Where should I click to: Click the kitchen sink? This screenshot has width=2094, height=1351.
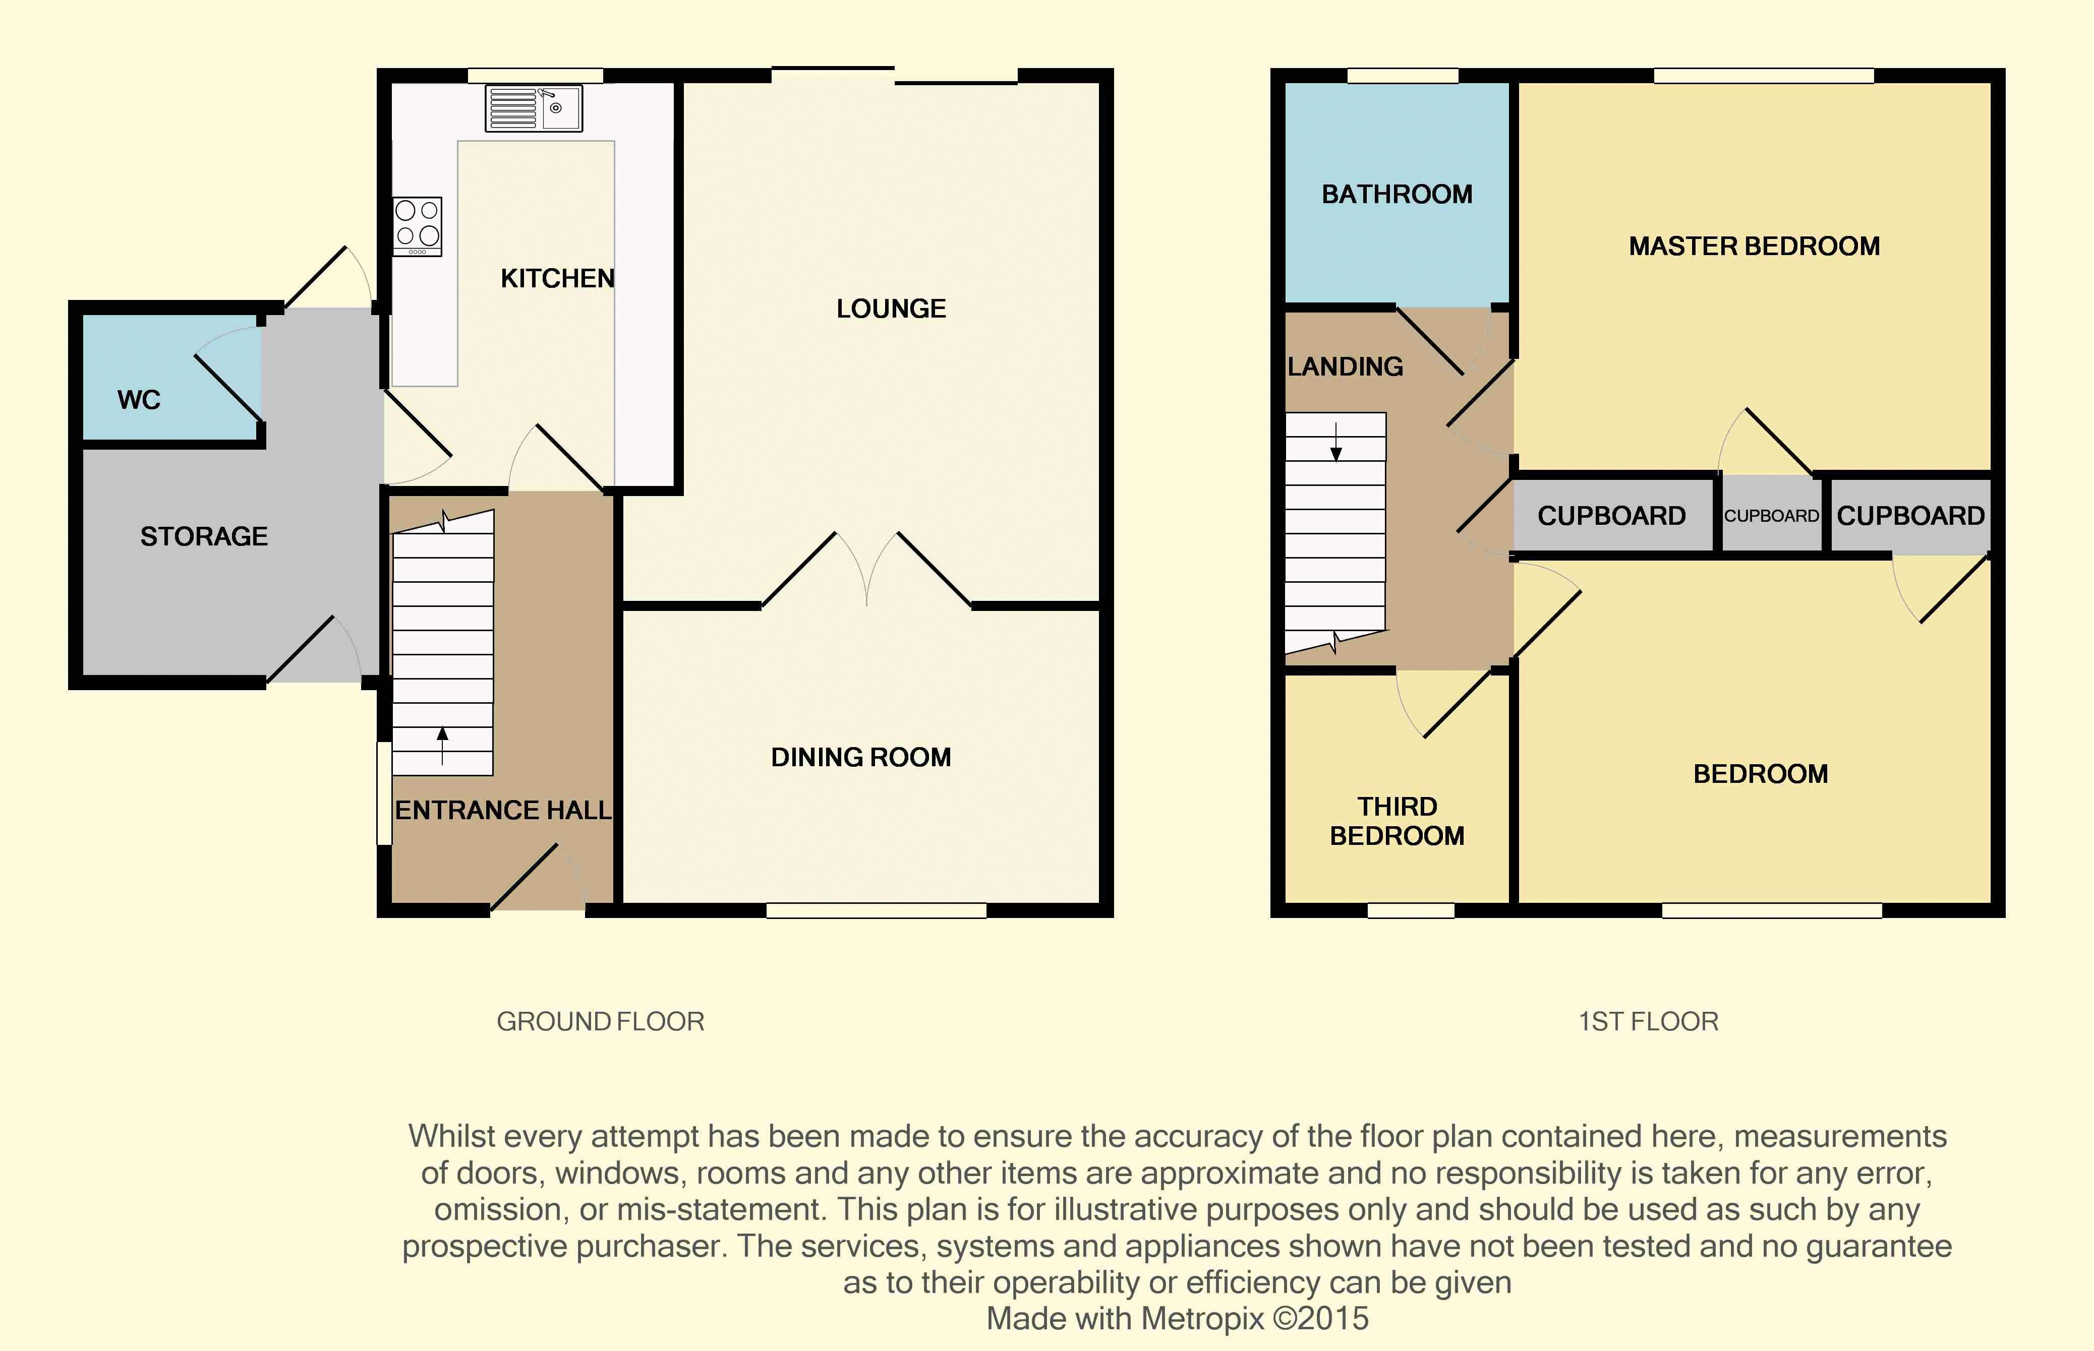point(534,108)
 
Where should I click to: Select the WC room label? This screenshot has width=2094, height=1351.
point(139,400)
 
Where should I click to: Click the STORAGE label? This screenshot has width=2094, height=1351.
point(204,536)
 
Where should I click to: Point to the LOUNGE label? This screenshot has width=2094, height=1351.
point(891,309)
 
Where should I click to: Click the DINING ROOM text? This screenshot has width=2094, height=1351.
point(861,757)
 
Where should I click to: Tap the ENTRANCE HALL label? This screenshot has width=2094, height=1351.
point(503,810)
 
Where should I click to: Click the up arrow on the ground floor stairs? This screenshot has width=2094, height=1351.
point(442,746)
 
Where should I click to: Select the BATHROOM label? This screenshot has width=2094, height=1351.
point(1397,194)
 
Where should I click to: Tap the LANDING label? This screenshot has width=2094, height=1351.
point(1346,366)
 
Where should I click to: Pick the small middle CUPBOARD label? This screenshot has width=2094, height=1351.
point(1771,516)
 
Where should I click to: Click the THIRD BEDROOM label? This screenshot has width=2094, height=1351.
point(1397,821)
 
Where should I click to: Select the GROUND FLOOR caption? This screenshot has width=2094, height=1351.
point(600,1022)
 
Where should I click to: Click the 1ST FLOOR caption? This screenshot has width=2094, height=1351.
point(1648,1022)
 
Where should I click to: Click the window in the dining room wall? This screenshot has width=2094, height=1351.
point(876,910)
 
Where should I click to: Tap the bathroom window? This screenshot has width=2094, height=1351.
point(1403,76)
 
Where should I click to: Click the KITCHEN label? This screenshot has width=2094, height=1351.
point(557,279)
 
